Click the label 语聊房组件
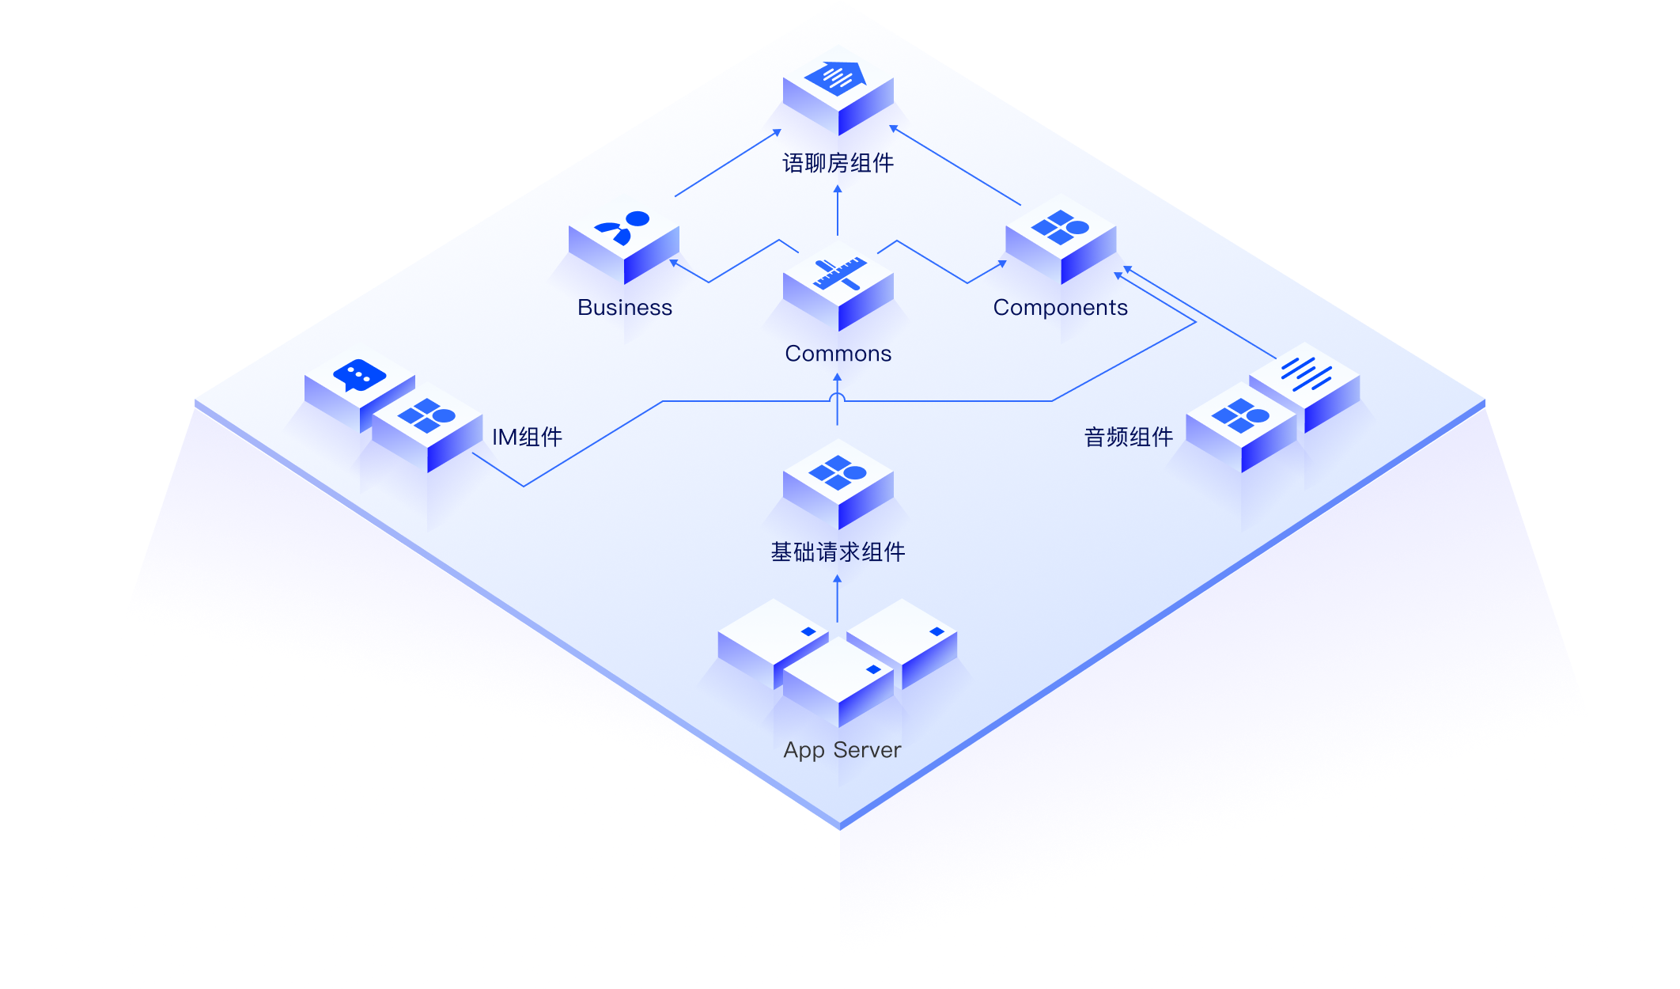tap(838, 164)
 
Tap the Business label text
tap(625, 308)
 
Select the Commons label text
tap(838, 354)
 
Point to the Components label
tap(1060, 308)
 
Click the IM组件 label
tap(527, 437)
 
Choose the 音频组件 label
tap(1129, 437)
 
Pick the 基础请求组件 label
tap(838, 552)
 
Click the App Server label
tap(842, 750)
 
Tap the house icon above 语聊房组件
tap(836, 78)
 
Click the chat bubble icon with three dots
tap(360, 376)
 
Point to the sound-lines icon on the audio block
tap(1307, 373)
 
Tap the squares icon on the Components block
tap(1061, 228)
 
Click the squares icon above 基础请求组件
tap(838, 472)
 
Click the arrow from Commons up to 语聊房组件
tap(838, 210)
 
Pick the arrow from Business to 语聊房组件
tap(727, 163)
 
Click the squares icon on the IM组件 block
tap(427, 415)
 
